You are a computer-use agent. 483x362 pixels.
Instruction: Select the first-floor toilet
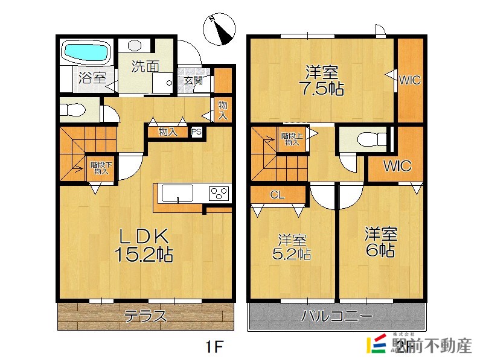click(x=73, y=110)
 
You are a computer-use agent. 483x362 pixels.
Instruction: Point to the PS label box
click(x=196, y=131)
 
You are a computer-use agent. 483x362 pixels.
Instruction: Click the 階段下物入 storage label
click(x=100, y=168)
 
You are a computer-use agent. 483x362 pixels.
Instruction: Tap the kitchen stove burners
click(x=219, y=193)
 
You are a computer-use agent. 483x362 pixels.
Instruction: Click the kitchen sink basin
click(x=176, y=193)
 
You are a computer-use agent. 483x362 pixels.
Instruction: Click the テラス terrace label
click(x=146, y=316)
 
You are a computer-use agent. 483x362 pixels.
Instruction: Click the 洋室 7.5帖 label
click(x=321, y=80)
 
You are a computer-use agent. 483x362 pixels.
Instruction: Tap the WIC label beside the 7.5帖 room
click(x=409, y=79)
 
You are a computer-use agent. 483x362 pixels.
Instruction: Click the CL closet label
click(x=277, y=194)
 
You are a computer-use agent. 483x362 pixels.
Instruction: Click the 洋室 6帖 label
click(x=380, y=241)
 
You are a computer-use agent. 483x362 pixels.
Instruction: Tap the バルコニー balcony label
click(x=337, y=316)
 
